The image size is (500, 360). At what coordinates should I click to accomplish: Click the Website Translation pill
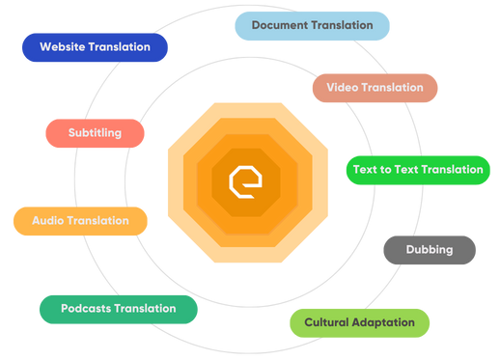tap(95, 47)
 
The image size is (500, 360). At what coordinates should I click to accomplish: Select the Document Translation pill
tap(312, 26)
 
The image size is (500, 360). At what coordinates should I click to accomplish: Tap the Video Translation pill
tap(375, 88)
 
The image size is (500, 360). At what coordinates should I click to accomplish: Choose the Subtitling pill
tap(95, 133)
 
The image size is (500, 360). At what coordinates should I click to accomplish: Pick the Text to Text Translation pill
tap(418, 170)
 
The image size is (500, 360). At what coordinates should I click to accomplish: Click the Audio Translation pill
tap(80, 221)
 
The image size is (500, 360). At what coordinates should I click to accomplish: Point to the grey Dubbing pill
tap(430, 250)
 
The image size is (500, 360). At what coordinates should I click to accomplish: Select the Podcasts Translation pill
tap(119, 309)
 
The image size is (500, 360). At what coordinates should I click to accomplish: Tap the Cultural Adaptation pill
tap(359, 323)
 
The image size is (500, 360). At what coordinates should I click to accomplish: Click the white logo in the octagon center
tap(245, 182)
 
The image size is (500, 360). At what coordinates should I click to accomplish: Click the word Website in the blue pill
tap(63, 47)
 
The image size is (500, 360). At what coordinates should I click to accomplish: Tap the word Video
tap(342, 88)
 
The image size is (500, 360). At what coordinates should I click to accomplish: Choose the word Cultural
tap(325, 322)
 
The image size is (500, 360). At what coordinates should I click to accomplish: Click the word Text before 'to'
tap(365, 170)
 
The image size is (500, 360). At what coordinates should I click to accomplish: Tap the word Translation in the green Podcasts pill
tap(145, 309)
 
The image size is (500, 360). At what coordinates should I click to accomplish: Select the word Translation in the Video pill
tap(392, 88)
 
